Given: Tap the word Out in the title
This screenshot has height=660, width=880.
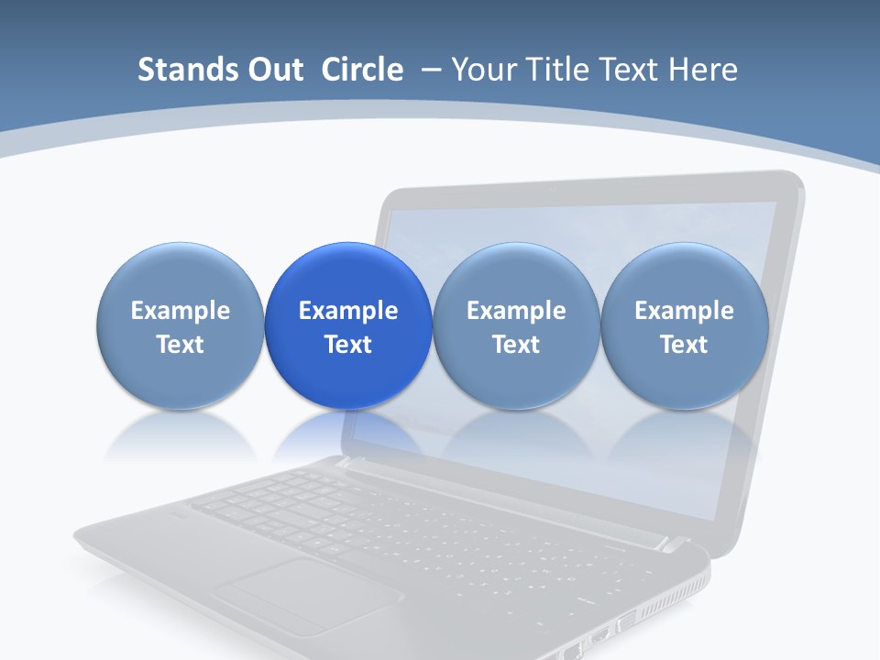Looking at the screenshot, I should tap(272, 70).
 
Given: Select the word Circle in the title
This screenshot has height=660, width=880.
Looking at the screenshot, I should tap(362, 70).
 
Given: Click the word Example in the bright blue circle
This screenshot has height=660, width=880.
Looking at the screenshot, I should tap(348, 311).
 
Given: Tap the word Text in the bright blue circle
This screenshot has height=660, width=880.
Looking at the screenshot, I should tap(348, 345).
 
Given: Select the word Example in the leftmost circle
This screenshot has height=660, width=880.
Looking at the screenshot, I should tap(181, 311).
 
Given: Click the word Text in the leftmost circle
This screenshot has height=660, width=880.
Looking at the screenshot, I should tap(181, 345).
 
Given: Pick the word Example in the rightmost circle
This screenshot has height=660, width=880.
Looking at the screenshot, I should tap(684, 311).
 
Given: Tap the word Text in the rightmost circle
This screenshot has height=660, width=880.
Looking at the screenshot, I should tap(684, 345).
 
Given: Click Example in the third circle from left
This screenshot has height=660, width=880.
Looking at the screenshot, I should tap(516, 311).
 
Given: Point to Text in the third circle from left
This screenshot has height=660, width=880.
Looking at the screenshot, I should tap(516, 345).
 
